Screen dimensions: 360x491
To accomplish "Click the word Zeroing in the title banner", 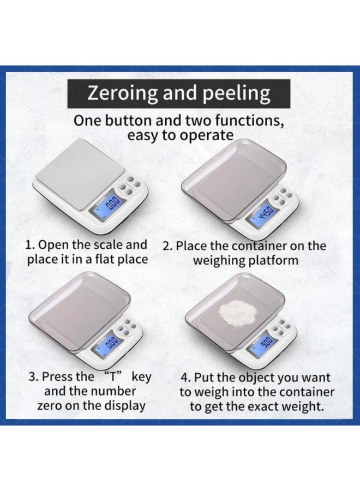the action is pos(122,93).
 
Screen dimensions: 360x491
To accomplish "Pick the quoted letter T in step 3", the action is pos(113,376).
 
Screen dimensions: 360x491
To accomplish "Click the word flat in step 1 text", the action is pos(104,259).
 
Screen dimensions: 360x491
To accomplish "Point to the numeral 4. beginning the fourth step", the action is pos(186,378).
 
